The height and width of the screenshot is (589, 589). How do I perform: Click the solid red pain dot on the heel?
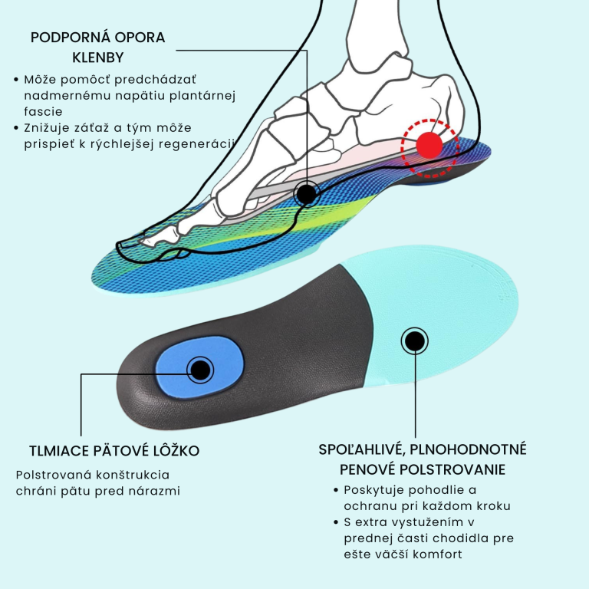coord(429,145)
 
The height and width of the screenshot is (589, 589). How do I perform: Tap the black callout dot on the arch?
coord(307,194)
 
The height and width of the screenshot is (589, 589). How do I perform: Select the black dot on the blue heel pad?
coord(201,370)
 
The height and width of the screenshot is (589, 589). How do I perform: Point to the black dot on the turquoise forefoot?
coord(415,341)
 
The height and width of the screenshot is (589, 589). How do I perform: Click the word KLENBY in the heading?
coord(98,58)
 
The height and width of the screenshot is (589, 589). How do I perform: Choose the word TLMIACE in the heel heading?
coord(58,451)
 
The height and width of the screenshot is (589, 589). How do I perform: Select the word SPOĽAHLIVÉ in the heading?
coord(362,450)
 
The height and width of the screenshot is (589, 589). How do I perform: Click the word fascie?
coord(43,111)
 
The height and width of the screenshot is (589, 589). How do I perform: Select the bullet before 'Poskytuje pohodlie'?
coord(336,490)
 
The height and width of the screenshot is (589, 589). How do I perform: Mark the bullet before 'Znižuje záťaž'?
coord(16,128)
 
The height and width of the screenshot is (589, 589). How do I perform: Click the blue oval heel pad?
coord(200,367)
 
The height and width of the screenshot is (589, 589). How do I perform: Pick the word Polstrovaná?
coord(54,475)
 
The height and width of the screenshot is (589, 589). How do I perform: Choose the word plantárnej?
coord(202,96)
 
